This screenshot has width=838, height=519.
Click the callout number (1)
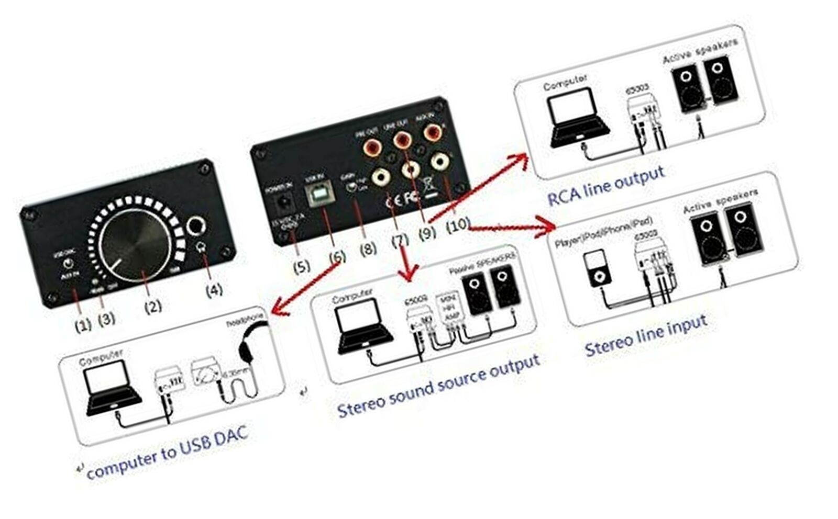pos(83,325)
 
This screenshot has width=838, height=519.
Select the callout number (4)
pos(214,289)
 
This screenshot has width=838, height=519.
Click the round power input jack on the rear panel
pos(285,201)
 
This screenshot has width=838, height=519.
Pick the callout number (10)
pos(457,224)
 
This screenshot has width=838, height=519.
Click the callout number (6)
pos(337,257)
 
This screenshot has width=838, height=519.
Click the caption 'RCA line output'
pos(606,186)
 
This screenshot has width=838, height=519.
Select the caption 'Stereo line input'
pos(646,335)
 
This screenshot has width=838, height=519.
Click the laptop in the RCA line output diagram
pos(577,118)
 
